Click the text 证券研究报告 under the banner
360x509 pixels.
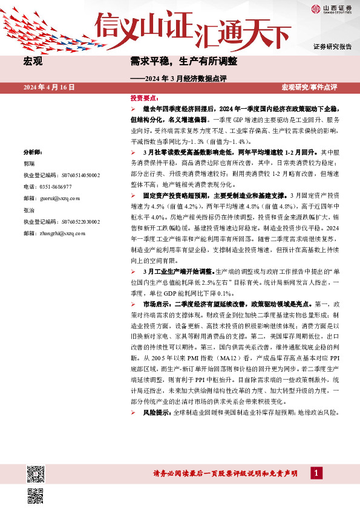click(x=332, y=47)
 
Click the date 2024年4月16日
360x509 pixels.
click(x=48, y=88)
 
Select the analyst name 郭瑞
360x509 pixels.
click(x=28, y=163)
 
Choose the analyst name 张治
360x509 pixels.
click(x=28, y=210)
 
